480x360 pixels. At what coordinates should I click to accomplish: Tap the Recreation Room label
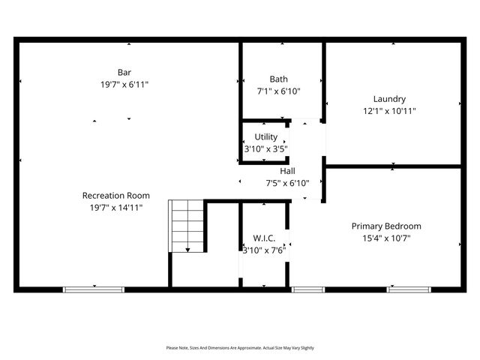tap(110, 195)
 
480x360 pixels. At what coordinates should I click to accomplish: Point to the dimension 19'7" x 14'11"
tap(110, 208)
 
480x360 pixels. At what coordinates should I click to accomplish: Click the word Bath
tap(278, 79)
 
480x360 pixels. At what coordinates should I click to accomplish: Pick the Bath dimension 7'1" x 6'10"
tap(278, 91)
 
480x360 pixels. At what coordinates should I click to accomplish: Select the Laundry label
tap(389, 98)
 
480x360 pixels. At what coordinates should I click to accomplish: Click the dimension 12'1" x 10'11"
tap(389, 111)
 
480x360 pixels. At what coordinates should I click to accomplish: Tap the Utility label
tap(265, 136)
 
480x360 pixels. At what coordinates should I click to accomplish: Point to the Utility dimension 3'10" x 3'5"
tap(265, 149)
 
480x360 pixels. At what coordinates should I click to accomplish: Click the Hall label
tap(287, 170)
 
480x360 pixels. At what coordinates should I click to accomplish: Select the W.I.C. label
tap(264, 238)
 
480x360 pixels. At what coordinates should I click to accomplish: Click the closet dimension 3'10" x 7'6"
tap(263, 250)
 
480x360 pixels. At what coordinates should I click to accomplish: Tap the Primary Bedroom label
tap(386, 226)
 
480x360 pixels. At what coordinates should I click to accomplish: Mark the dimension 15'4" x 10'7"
tap(386, 238)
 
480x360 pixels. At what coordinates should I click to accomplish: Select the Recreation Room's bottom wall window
tap(94, 289)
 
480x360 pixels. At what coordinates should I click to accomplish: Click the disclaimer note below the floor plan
tap(240, 348)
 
